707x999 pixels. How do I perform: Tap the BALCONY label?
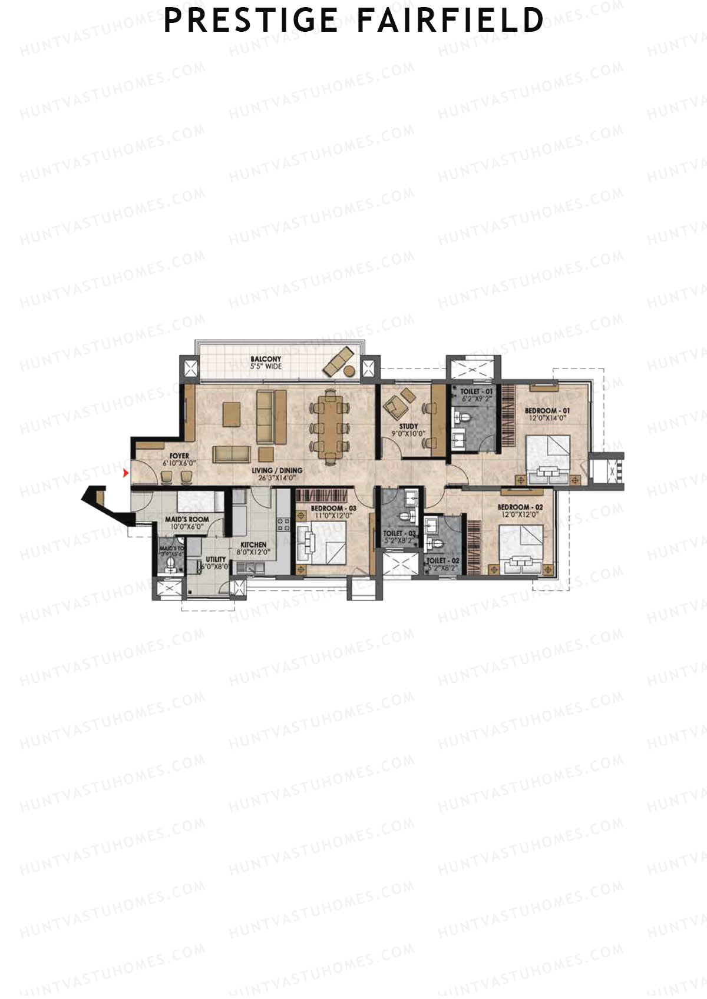coord(266,359)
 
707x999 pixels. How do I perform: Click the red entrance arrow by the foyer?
coord(125,472)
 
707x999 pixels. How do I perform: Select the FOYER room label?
coord(179,456)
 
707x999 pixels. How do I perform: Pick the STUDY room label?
coord(408,426)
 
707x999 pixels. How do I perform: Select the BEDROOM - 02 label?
coord(520,507)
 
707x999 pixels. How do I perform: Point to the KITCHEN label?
coord(253,545)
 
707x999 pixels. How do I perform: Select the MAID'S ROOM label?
coord(187,520)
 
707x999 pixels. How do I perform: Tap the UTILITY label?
coord(215,559)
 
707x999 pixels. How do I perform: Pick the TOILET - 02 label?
coord(442,561)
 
